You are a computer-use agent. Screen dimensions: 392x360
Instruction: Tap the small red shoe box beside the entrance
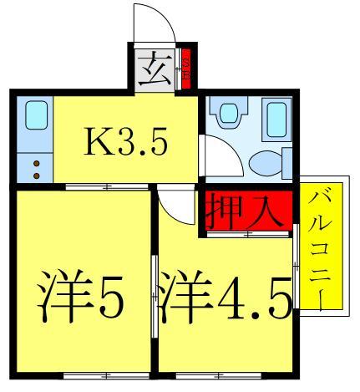click(x=187, y=66)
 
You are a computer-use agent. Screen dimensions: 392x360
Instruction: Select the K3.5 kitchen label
click(x=128, y=141)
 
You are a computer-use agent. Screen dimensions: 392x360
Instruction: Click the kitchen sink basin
click(x=34, y=115)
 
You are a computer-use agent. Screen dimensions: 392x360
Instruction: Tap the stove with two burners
click(x=35, y=167)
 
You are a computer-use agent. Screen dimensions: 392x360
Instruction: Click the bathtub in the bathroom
click(x=278, y=120)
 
